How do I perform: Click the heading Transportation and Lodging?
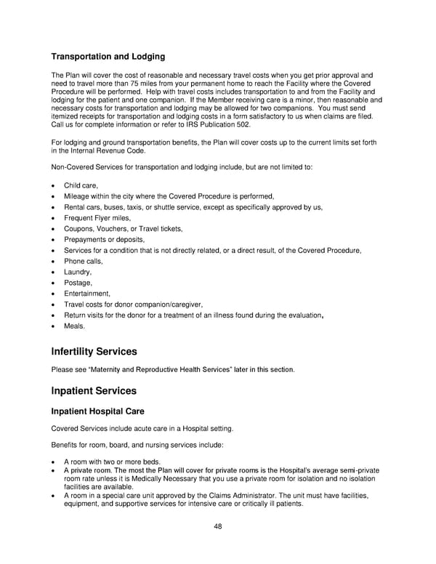(108, 57)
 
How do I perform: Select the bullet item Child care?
(81, 186)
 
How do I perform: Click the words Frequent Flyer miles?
(96, 218)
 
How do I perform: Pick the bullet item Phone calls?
(84, 261)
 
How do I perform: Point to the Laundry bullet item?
(78, 272)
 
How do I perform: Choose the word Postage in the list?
(78, 283)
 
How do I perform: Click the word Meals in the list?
(75, 326)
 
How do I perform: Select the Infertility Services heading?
(94, 352)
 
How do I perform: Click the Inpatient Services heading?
(93, 391)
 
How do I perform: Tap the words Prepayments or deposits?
(104, 239)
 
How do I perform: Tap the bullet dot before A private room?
(55, 471)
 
